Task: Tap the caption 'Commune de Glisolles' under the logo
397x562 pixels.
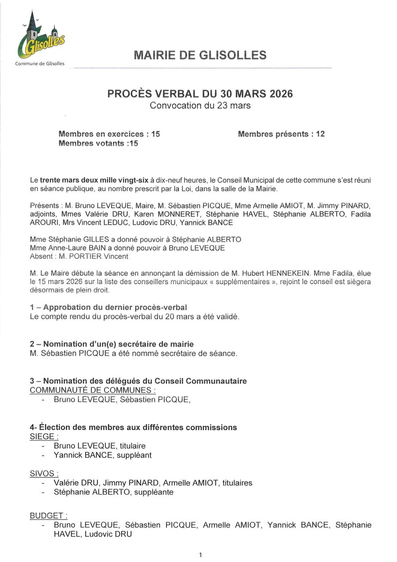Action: click(40, 64)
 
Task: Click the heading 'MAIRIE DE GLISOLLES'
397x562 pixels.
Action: click(200, 55)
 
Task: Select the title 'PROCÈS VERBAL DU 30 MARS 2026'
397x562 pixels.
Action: click(200, 94)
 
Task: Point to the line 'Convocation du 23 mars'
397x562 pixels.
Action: click(200, 106)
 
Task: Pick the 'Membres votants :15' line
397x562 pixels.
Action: click(98, 143)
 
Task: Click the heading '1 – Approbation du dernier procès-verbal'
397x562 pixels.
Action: click(109, 307)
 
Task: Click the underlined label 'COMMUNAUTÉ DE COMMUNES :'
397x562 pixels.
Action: click(92, 390)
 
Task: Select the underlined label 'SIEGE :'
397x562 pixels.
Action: click(44, 437)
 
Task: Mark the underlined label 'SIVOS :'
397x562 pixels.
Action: click(44, 474)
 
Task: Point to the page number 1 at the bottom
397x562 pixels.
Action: click(200, 555)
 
